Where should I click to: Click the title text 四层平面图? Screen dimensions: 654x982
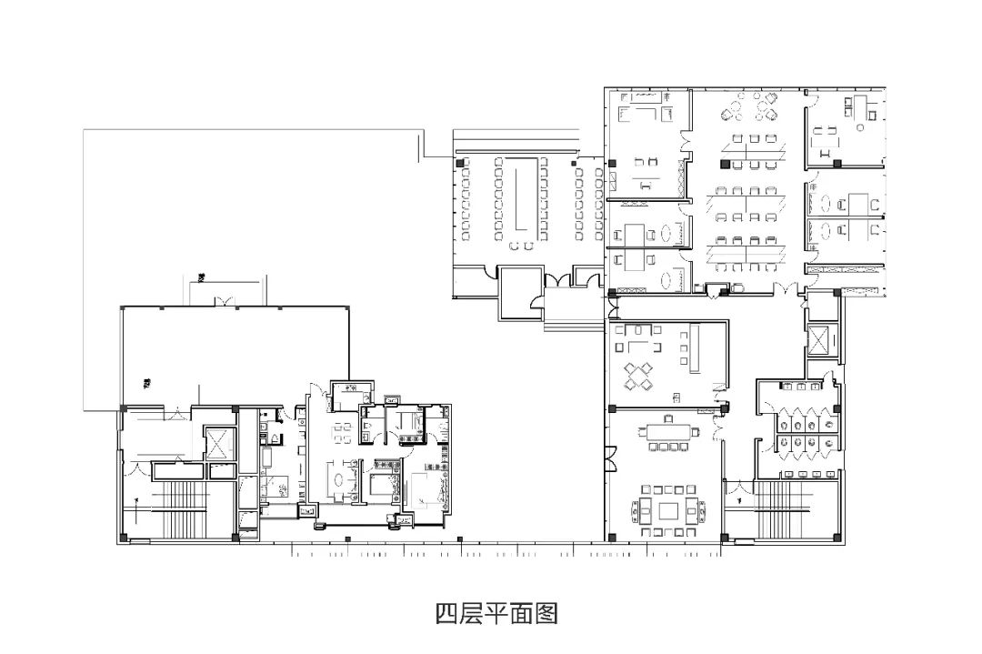(x=496, y=614)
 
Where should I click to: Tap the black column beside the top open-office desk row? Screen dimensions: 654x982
(x=725, y=165)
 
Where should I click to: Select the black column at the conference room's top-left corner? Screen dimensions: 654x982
(x=461, y=163)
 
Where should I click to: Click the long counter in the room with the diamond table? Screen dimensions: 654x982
(x=693, y=349)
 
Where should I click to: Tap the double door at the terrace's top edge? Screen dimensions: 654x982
(x=219, y=301)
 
